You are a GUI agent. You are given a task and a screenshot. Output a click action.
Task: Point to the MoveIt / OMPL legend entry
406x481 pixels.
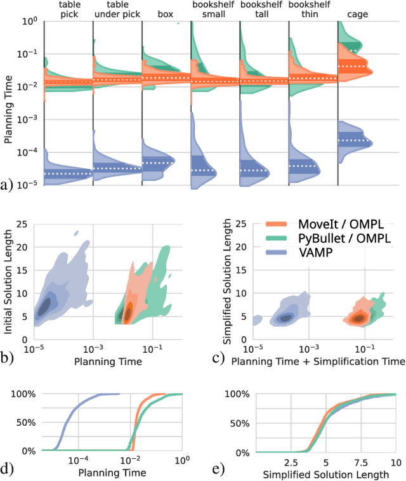[x=325, y=225]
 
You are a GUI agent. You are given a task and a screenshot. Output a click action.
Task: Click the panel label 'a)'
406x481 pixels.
[x=6, y=185]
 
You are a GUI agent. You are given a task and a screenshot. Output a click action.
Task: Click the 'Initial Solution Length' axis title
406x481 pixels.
[x=9, y=273]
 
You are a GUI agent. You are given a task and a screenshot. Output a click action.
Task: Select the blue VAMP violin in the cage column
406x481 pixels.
[x=355, y=141]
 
